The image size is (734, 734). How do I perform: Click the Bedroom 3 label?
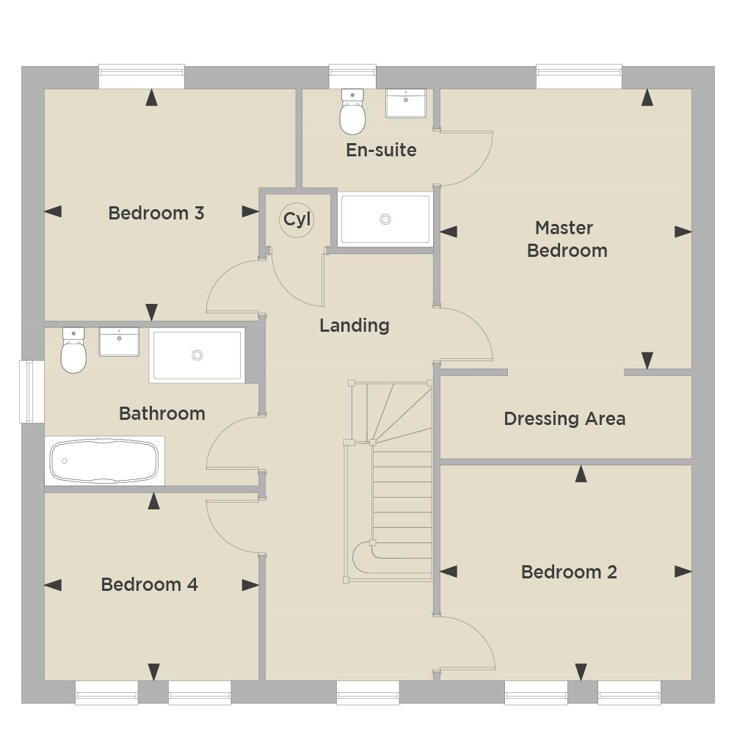(156, 213)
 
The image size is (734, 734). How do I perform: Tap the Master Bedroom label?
(567, 239)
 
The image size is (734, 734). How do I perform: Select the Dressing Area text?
(564, 418)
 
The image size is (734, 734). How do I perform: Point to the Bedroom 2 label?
(569, 572)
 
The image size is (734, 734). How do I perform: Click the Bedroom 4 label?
(149, 584)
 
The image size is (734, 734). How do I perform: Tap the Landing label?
(355, 325)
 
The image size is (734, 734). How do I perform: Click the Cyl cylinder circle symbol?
(297, 219)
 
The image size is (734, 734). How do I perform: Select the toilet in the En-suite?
(352, 112)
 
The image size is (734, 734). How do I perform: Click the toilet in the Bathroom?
(73, 350)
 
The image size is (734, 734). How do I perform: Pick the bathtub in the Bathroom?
(104, 461)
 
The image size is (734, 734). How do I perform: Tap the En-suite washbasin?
(406, 103)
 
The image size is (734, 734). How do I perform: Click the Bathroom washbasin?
(120, 342)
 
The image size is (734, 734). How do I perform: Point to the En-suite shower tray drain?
(385, 219)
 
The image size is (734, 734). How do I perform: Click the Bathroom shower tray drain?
(197, 355)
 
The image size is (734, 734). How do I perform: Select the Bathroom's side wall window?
(32, 391)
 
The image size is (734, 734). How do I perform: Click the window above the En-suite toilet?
(352, 76)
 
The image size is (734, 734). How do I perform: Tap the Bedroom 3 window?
(142, 76)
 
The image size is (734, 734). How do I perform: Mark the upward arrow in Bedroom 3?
(151, 98)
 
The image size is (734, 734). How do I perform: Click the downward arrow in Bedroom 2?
(581, 672)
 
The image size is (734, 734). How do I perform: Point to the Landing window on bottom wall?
(368, 692)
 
